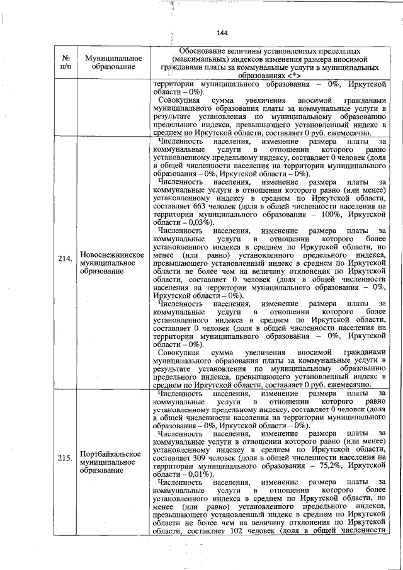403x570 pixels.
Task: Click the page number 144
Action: coord(221,33)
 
